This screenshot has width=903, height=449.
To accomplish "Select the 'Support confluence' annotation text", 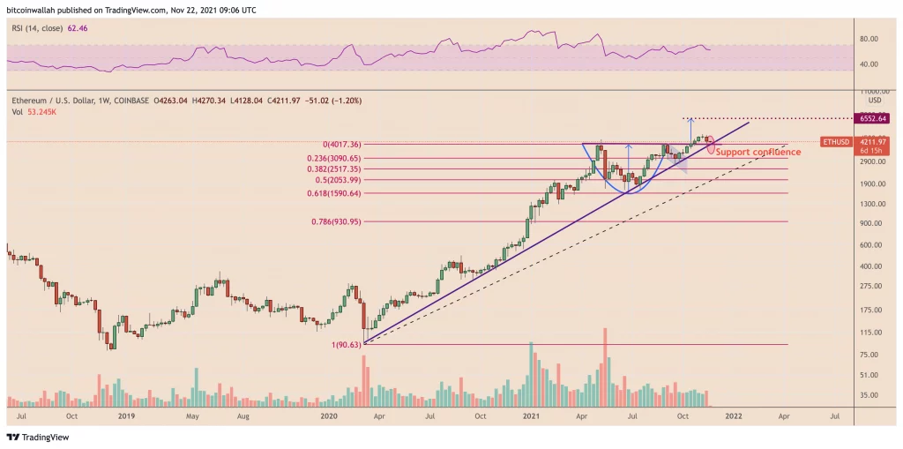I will coord(757,153).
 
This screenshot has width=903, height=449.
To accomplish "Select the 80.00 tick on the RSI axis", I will coord(868,39).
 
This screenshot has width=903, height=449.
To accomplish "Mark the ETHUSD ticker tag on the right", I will coord(834,141).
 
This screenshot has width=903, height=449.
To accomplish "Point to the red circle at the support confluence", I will coord(711,142).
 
